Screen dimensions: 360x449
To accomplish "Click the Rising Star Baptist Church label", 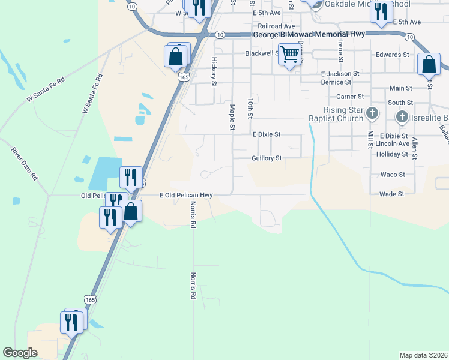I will [x=335, y=114].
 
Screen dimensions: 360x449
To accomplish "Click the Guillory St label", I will [x=267, y=158].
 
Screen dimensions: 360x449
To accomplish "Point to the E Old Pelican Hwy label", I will [x=186, y=195].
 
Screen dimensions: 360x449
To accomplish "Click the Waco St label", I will [x=393, y=175].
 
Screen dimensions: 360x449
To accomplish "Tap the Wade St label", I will [x=391, y=194].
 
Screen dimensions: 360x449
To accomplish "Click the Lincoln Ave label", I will [x=392, y=144].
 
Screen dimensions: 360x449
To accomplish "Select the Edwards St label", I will [x=392, y=55].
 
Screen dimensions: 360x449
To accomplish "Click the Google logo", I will [x=20, y=353].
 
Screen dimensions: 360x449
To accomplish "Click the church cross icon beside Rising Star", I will [x=372, y=113].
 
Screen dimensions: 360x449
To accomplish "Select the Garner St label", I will [x=350, y=96].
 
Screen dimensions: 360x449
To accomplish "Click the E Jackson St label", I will [x=339, y=73].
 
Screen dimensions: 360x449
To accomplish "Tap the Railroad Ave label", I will [x=276, y=26].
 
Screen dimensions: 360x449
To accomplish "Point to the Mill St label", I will [x=371, y=139].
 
